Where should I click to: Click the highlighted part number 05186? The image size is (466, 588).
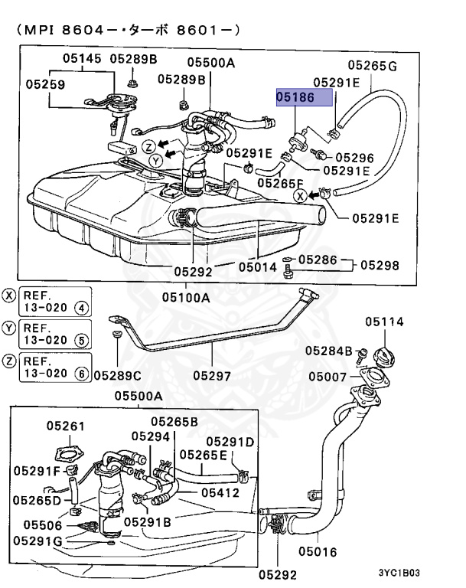(305, 97)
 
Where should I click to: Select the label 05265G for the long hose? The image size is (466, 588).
(372, 66)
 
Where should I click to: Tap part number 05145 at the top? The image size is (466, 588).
(81, 58)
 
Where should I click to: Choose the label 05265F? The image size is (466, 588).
(280, 183)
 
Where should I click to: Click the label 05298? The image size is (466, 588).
(380, 265)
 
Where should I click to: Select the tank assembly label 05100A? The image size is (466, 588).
(186, 296)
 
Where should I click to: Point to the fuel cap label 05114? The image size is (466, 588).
(384, 322)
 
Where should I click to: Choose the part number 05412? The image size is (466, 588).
(221, 492)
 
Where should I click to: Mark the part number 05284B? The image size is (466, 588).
(328, 351)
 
